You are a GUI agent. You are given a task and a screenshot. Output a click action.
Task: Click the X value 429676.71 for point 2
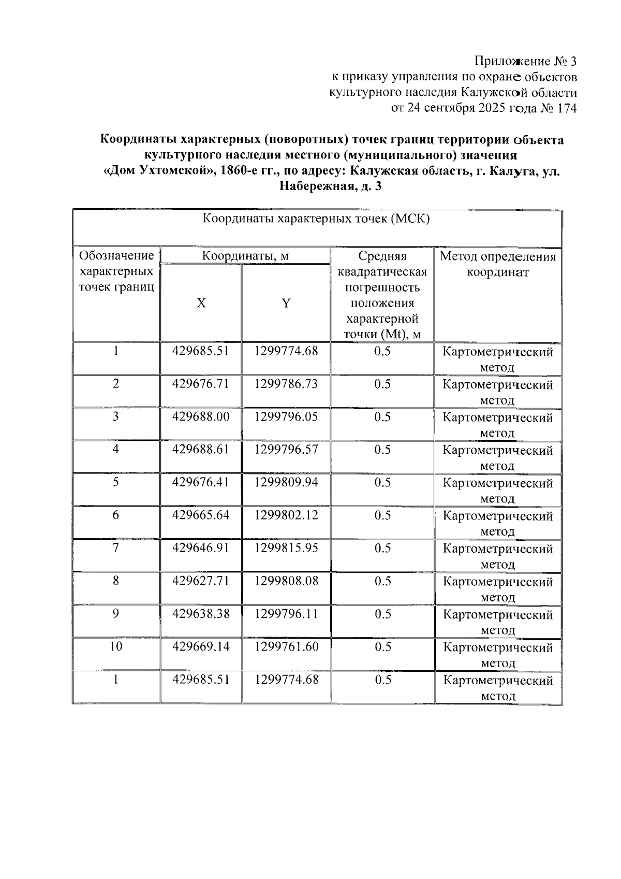(x=200, y=384)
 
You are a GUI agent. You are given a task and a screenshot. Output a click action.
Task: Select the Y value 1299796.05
(x=286, y=417)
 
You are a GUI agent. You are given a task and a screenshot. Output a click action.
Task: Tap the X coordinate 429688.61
(x=200, y=449)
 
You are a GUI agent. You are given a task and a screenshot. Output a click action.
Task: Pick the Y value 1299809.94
(x=286, y=482)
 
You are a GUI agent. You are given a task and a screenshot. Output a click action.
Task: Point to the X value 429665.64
(x=200, y=515)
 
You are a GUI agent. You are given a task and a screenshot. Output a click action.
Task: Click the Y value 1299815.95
(x=286, y=548)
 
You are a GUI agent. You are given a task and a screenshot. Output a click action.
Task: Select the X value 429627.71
(x=200, y=581)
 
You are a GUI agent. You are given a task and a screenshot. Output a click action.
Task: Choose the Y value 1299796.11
(x=286, y=614)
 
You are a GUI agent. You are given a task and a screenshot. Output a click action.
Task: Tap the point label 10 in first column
(x=116, y=646)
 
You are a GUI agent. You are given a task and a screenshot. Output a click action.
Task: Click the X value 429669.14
(x=200, y=646)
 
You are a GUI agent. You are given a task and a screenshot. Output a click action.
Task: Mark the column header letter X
(x=201, y=304)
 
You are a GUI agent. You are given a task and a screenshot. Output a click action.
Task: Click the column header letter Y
(x=286, y=304)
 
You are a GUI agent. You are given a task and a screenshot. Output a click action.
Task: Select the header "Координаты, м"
(x=245, y=256)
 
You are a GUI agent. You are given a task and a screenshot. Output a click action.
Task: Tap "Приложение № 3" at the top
(x=525, y=62)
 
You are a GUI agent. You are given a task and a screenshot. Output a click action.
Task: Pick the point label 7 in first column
(x=116, y=548)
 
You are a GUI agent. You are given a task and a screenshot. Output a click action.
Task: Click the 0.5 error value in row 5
(x=382, y=482)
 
